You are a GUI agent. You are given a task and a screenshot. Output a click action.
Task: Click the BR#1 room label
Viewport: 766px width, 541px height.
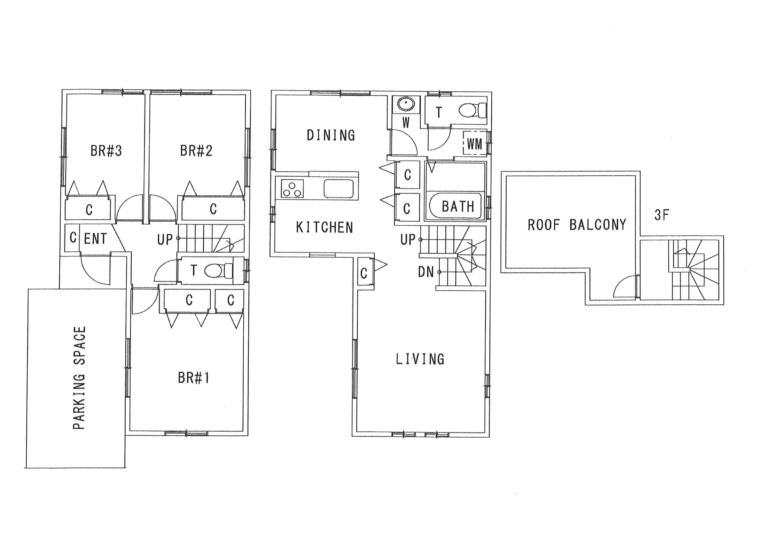coord(194,378)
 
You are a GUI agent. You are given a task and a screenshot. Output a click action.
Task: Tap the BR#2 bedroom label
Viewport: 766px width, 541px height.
coord(196,151)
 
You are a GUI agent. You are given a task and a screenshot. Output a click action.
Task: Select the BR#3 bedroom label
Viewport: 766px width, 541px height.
coord(106,151)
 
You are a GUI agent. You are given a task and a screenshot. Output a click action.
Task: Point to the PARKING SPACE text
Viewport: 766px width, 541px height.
coord(79,378)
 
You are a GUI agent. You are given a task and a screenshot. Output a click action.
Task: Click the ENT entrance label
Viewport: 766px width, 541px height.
coord(95,239)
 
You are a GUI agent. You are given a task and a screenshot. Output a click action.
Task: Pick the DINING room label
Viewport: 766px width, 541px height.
coord(331,135)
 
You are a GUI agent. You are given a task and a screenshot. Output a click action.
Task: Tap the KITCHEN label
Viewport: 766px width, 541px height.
coord(324,227)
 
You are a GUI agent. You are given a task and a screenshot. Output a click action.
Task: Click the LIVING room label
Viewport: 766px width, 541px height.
coord(420,359)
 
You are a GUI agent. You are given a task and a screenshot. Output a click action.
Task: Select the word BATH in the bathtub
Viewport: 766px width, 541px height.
coord(458,207)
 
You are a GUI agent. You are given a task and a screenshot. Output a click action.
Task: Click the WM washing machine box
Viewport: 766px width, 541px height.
coord(475,144)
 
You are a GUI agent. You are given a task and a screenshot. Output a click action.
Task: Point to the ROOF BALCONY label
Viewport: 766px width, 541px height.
coord(577,225)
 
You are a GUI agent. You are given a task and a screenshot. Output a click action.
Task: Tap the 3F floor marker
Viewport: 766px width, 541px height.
coord(662,215)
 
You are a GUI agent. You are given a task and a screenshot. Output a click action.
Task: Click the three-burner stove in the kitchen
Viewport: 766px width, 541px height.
coord(292,189)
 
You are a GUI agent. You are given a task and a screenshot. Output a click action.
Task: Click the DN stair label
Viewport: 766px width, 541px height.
coord(426,272)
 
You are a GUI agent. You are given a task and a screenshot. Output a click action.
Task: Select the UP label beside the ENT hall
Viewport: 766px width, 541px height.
coord(165,239)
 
